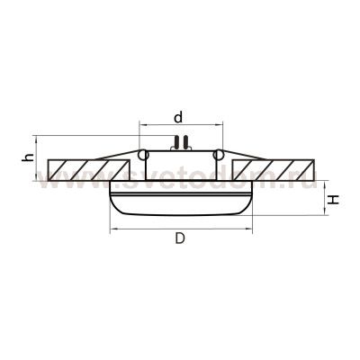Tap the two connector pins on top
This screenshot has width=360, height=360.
click(x=180, y=141)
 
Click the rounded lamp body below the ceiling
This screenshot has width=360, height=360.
click(x=180, y=202)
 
